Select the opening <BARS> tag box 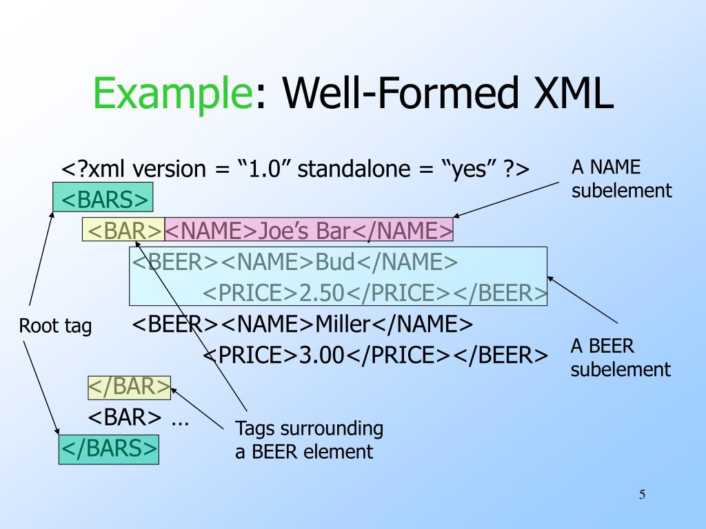click(x=103, y=199)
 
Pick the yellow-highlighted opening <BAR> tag click(x=123, y=230)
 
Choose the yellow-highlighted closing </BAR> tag click(x=129, y=387)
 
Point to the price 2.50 click(x=321, y=293)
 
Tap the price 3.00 click(x=321, y=355)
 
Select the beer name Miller click(x=343, y=324)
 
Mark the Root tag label click(x=55, y=326)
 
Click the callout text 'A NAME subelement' click(x=621, y=178)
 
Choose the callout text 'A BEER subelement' click(x=620, y=357)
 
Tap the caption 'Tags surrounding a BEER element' click(x=309, y=440)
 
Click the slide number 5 click(x=642, y=495)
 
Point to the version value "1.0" click(x=265, y=169)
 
